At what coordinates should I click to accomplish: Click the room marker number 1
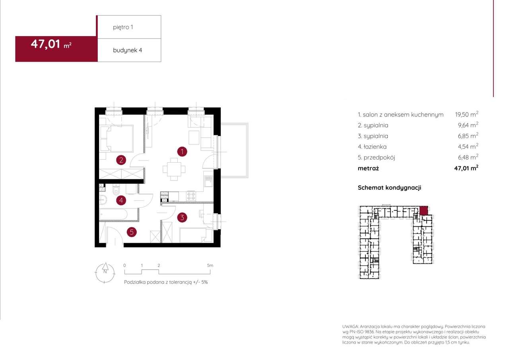(x=182, y=152)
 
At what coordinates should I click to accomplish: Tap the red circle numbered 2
(x=121, y=160)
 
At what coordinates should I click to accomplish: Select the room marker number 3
(x=182, y=218)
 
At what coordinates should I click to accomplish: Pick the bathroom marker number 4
(x=121, y=200)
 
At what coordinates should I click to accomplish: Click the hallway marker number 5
(x=132, y=232)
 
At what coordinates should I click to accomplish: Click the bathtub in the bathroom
(x=113, y=214)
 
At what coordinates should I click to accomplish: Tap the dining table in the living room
(x=174, y=169)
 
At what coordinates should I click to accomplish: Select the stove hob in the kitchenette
(x=191, y=196)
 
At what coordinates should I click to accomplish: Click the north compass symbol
(x=105, y=272)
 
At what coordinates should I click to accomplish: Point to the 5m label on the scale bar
(x=210, y=265)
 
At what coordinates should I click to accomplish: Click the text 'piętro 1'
(x=123, y=27)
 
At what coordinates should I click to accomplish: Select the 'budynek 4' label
(x=128, y=50)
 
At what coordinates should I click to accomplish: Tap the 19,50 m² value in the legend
(x=466, y=114)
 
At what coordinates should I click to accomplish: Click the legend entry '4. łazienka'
(x=372, y=147)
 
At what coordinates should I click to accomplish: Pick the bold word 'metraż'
(x=368, y=168)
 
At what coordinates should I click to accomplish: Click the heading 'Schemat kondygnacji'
(x=389, y=188)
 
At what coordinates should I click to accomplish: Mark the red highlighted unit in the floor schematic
(x=424, y=210)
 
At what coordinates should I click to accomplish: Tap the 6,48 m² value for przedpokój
(x=468, y=157)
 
